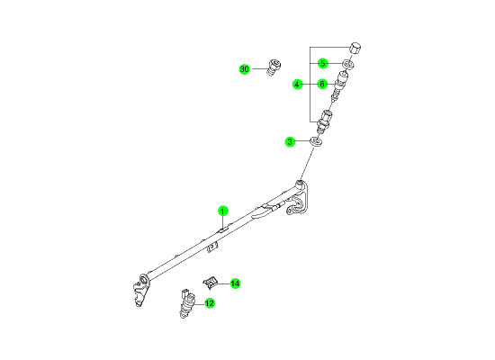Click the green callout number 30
click(244, 69)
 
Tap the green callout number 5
click(322, 64)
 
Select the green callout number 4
click(297, 85)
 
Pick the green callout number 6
click(322, 85)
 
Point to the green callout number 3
click(290, 142)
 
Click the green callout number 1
click(223, 211)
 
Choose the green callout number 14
click(235, 283)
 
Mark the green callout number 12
click(210, 303)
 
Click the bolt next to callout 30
click(274, 67)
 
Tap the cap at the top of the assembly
click(355, 49)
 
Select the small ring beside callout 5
click(348, 65)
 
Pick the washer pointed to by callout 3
click(316, 141)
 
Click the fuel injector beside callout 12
click(187, 302)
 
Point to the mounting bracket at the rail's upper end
click(298, 198)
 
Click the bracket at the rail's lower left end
click(140, 290)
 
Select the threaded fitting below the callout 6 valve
click(325, 121)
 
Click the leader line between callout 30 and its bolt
click(259, 68)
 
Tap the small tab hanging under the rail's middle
click(212, 247)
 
